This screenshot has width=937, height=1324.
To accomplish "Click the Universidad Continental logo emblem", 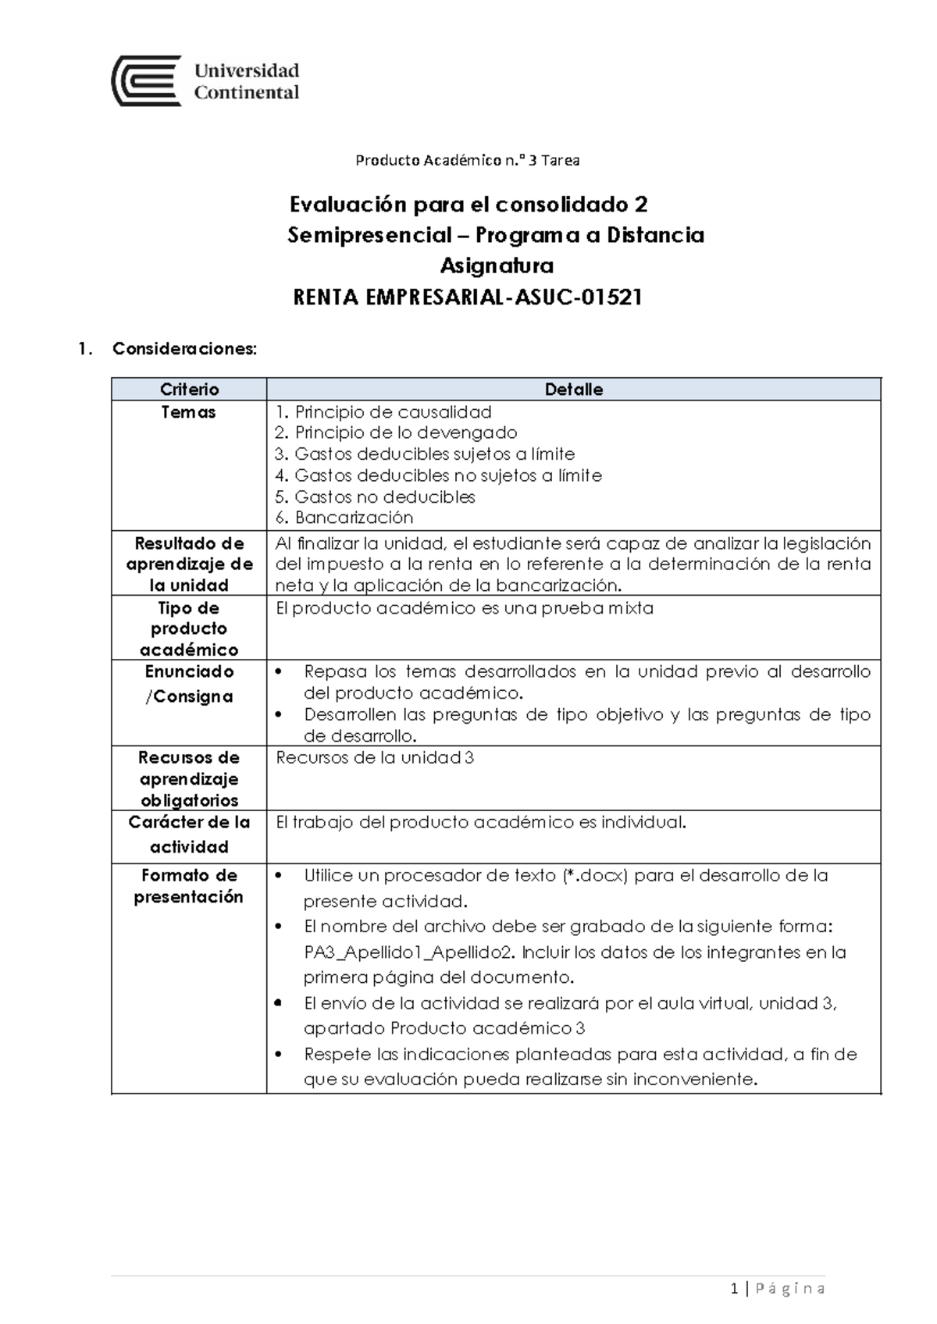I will coord(147,81).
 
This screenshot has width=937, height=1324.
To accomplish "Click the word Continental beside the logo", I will coord(246,93).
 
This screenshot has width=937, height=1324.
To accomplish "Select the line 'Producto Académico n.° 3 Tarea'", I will coord(467,161).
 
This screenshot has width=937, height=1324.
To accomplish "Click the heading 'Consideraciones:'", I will coord(184,349).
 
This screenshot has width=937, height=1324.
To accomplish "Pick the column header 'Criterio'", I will coord(189,390).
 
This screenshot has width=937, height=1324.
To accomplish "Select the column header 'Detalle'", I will coord(573,390).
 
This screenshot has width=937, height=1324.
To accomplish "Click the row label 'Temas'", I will coord(188,412).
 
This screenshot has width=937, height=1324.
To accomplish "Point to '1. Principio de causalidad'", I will coord(383,412).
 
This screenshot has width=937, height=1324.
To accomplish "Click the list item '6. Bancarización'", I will coord(344,518).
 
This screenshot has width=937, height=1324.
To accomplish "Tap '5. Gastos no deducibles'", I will coord(375,496).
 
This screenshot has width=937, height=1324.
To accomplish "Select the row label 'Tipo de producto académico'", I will coord(188,628).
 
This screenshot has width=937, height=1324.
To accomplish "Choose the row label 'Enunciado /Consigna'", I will coord(189,684).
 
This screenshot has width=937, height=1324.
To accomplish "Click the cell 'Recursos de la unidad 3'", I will coord(375,758).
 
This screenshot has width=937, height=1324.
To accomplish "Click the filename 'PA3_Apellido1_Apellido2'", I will coord(409,952).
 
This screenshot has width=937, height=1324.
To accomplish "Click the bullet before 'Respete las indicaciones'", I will coord(279,1055).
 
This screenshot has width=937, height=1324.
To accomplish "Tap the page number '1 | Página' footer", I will coord(778,1288).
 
